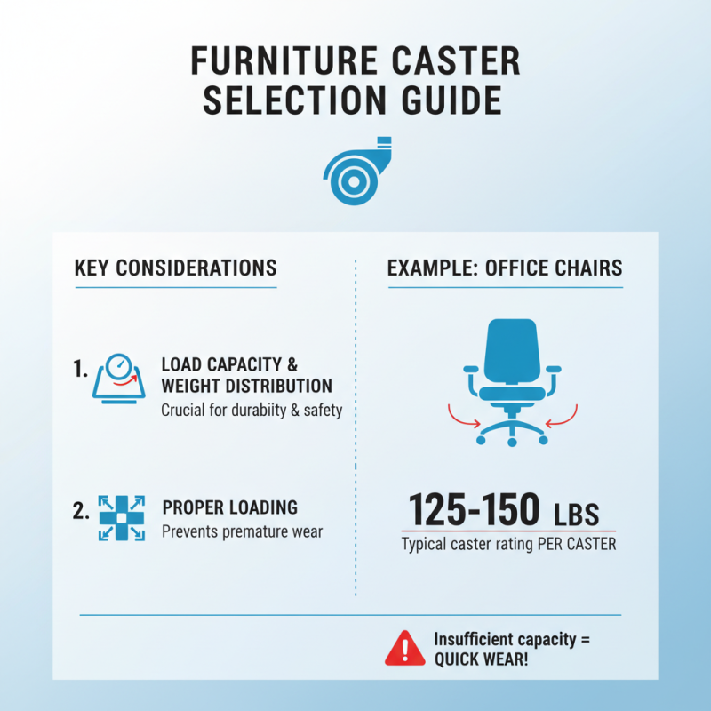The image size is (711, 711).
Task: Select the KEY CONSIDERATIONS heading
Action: pos(175,268)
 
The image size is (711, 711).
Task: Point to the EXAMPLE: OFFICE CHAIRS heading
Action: pos(505,268)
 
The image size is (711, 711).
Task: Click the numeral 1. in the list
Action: pos(81,369)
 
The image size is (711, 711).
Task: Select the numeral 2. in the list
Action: pos(81,512)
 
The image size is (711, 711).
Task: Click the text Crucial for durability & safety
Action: pos(252,411)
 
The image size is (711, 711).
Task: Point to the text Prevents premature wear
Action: pos(242,531)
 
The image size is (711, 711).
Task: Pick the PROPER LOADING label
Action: pos(230,507)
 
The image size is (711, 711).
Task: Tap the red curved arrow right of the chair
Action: pos(562,416)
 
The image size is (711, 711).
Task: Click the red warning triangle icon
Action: pos(403,649)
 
